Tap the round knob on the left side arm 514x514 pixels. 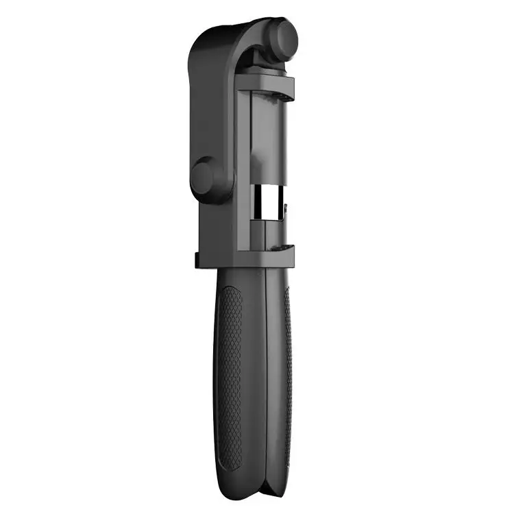coord(203,176)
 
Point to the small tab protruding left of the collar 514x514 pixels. coord(195,260)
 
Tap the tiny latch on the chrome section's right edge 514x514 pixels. coord(283,204)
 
